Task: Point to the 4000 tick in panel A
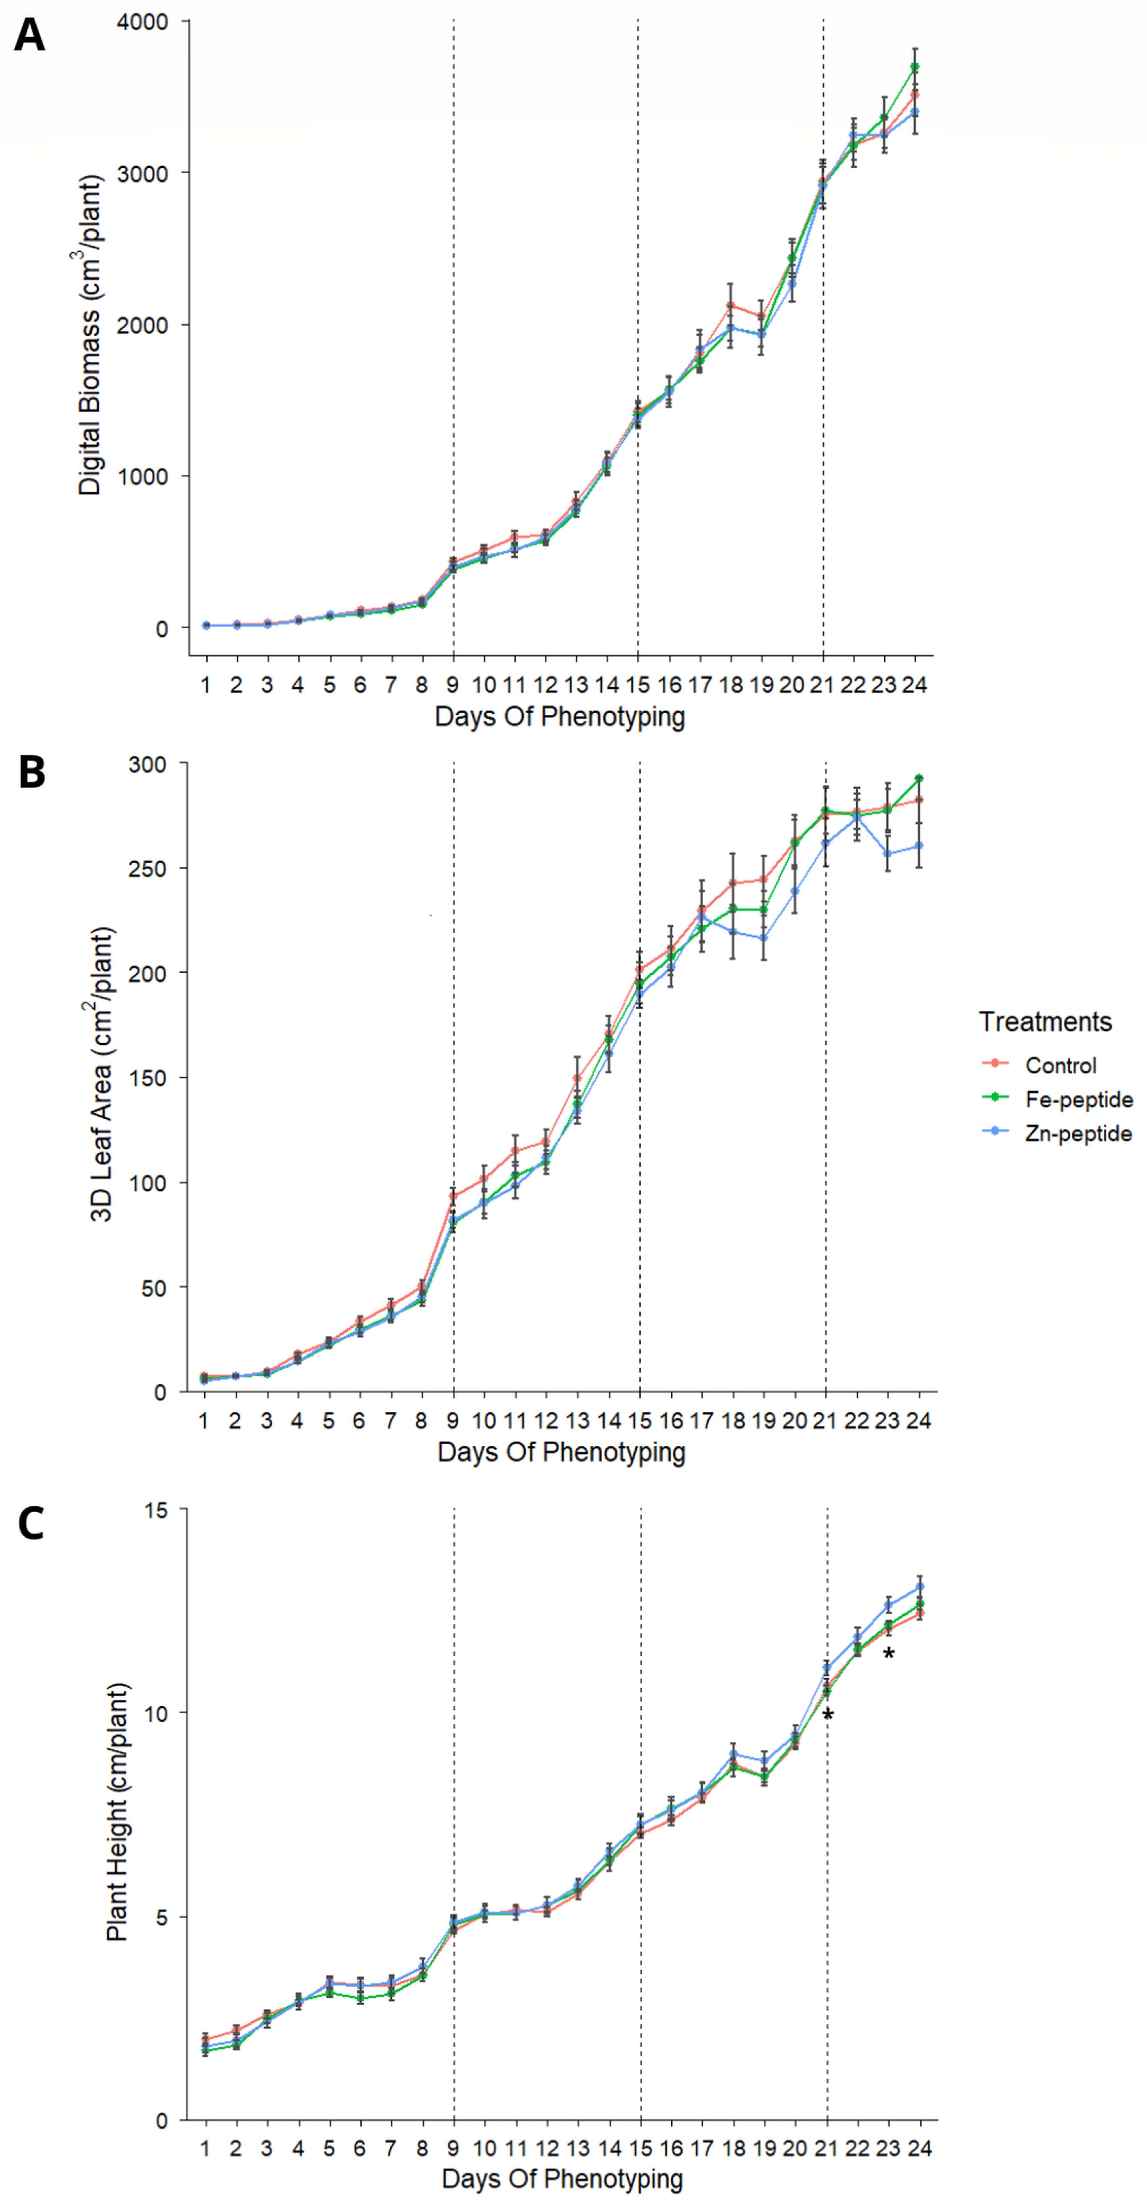point(142,21)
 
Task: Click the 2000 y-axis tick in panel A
point(142,325)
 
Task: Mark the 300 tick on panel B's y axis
point(147,764)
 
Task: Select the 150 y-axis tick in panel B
point(147,1078)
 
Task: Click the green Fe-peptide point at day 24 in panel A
point(915,67)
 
